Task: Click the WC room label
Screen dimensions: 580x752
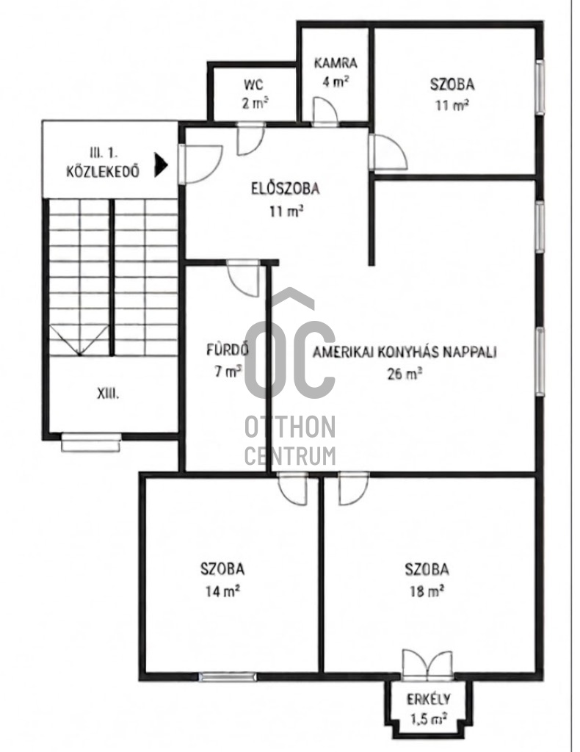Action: pos(253,85)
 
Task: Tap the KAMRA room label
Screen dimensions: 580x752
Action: pos(336,63)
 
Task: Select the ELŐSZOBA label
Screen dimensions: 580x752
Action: pos(285,189)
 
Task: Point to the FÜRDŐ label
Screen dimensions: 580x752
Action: pos(228,350)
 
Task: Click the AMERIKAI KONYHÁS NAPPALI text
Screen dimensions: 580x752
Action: pos(405,352)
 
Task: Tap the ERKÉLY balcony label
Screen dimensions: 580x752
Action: pos(429,699)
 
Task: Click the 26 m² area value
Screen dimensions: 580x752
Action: pos(405,374)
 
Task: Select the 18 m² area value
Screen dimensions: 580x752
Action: pos(427,591)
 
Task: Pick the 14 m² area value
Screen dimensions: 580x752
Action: pos(222,591)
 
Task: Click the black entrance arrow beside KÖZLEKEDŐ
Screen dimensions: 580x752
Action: pos(161,165)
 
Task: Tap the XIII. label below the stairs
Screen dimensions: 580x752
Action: pos(109,394)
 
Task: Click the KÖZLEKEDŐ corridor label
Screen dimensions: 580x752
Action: pos(103,171)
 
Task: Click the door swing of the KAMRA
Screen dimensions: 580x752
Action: pos(326,112)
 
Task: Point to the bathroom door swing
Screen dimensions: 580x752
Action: pos(244,278)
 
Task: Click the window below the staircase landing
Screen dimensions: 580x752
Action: pos(91,442)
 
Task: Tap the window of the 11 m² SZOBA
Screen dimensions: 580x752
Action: pos(540,87)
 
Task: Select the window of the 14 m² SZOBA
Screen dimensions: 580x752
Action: pos(228,676)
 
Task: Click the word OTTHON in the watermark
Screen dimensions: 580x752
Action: pos(290,427)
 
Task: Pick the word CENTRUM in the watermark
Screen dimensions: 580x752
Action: pos(290,456)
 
